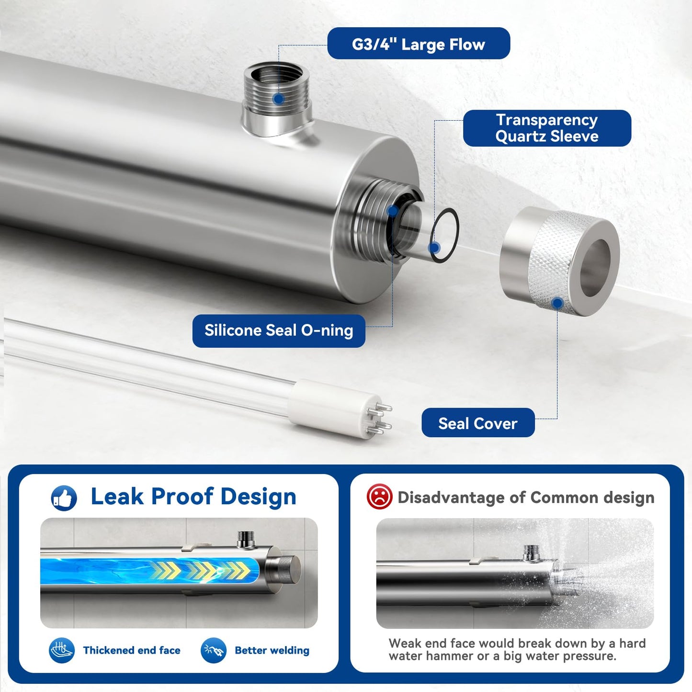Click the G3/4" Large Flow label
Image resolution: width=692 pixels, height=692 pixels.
[x=419, y=44]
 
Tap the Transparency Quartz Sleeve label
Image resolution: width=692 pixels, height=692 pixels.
[x=547, y=128]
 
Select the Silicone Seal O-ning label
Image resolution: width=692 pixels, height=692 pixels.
[x=279, y=330]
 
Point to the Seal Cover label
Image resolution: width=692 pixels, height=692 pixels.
[x=478, y=423]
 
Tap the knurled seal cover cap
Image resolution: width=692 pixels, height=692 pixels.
[x=559, y=261]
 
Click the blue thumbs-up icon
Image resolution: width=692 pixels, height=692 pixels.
[x=64, y=498]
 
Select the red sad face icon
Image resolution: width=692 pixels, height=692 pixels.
[x=379, y=497]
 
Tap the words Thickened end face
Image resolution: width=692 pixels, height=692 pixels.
[x=132, y=650]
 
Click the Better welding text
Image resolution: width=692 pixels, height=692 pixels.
[x=272, y=650]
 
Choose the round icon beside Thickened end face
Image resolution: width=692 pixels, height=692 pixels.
[x=62, y=650]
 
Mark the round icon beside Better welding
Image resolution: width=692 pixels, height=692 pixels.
[x=214, y=650]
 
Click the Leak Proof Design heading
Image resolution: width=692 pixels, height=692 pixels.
[x=193, y=497]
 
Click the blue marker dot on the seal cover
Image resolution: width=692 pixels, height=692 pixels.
[x=557, y=303]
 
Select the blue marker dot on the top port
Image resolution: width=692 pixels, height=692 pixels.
[x=278, y=99]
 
